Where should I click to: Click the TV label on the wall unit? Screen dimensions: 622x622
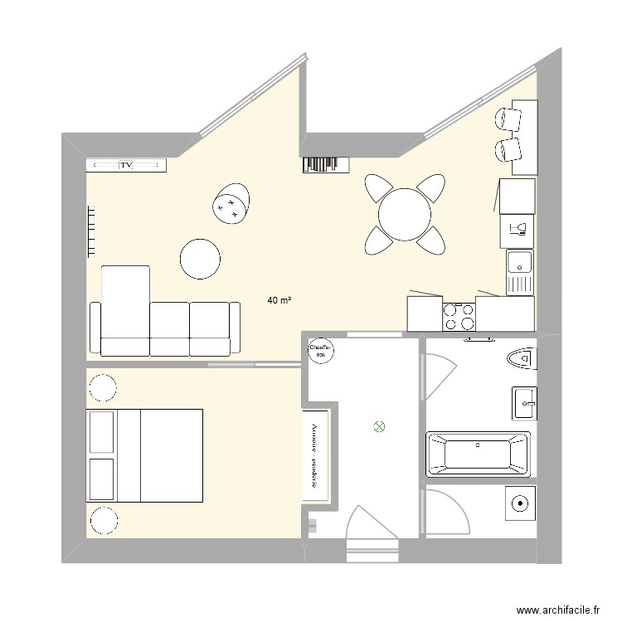[126, 166]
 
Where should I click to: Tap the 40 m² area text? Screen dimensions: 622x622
[279, 300]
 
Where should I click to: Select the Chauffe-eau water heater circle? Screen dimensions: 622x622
[321, 351]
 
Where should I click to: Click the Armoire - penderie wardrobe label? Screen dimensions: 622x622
[315, 455]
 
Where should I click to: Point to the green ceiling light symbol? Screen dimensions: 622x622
[379, 427]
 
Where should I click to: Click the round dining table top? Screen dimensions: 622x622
[405, 214]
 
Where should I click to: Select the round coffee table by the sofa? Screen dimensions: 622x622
[202, 259]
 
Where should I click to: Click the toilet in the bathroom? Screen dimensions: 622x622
[520, 358]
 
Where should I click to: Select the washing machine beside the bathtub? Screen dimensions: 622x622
[519, 503]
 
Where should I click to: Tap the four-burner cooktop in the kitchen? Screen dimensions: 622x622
[459, 316]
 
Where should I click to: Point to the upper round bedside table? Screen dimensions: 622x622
[103, 388]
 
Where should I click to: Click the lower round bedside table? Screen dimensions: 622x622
[103, 520]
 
